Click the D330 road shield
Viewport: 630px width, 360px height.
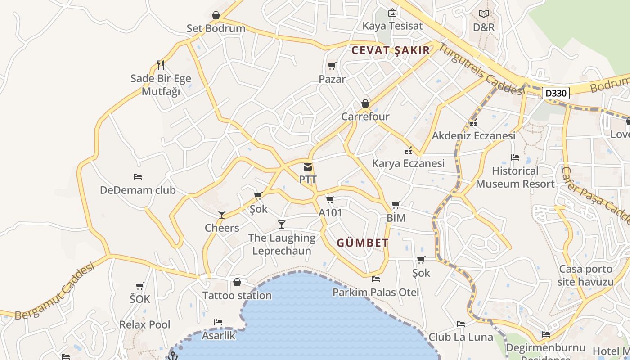(556, 94)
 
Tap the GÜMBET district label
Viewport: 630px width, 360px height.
(363, 243)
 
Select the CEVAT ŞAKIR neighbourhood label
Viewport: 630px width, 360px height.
(391, 50)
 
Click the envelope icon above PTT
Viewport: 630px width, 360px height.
(308, 167)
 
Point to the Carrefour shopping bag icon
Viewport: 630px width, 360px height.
(365, 104)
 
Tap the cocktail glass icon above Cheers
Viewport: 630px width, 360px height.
(221, 215)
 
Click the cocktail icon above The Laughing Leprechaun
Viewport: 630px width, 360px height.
(282, 224)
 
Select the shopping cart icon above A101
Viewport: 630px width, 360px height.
(330, 200)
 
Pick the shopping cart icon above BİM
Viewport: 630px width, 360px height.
(396, 205)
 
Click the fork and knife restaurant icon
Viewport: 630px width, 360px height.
(161, 65)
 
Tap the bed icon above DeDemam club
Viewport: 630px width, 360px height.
(138, 177)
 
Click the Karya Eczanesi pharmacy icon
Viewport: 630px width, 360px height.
(408, 151)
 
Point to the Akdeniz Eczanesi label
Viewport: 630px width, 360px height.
(473, 135)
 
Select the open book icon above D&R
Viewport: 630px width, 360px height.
(484, 14)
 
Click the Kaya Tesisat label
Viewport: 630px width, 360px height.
(392, 26)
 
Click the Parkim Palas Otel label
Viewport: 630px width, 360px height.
(376, 292)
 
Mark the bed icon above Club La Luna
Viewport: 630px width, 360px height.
(460, 324)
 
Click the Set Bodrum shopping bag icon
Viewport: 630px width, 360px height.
(216, 16)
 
